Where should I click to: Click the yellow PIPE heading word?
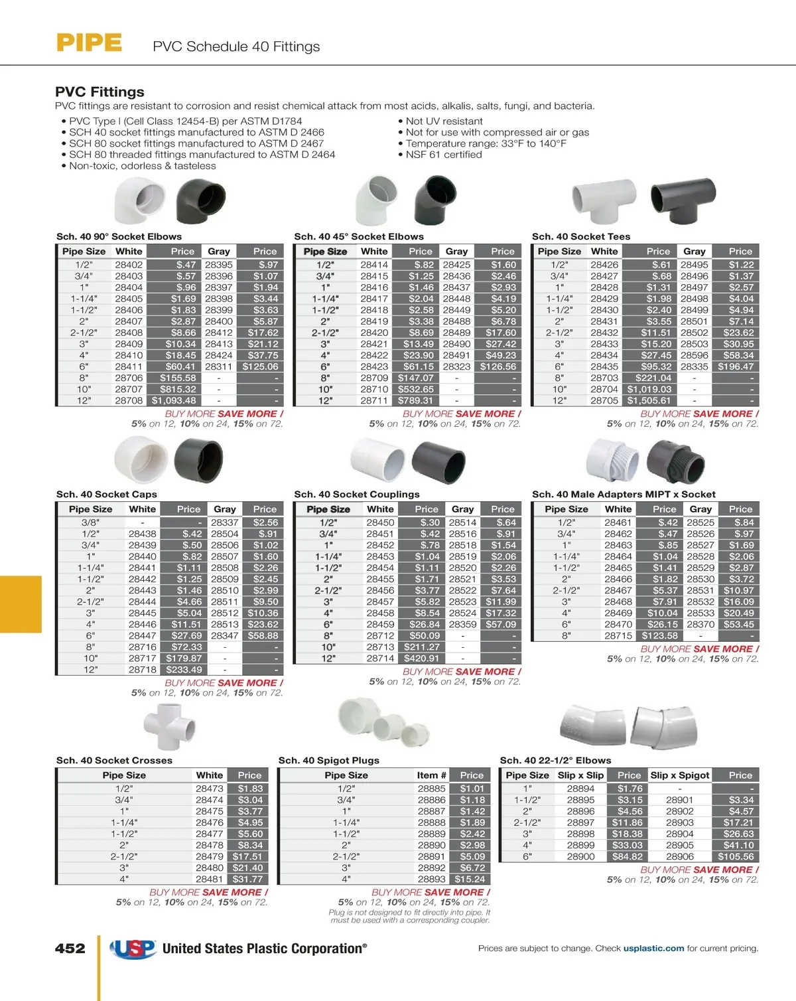coord(89,43)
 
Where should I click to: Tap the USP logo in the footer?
coord(133,949)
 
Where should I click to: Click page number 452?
coord(70,949)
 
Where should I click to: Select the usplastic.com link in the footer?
coord(653,949)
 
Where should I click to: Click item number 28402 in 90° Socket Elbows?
coord(129,265)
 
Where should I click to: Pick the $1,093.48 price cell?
coord(174,401)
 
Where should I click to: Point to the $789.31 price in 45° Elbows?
coord(415,401)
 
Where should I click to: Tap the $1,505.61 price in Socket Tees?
coord(649,401)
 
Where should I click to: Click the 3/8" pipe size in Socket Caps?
coord(91,522)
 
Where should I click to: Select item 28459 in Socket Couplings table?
coord(380,625)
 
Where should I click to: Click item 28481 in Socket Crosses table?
coord(210,879)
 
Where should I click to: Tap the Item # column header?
coord(432,775)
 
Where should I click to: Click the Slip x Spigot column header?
coord(680,775)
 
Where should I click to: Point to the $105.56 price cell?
coord(736,857)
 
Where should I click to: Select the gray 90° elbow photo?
coord(200,203)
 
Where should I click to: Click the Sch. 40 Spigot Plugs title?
coord(329,761)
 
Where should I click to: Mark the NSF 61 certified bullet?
coord(443,155)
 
